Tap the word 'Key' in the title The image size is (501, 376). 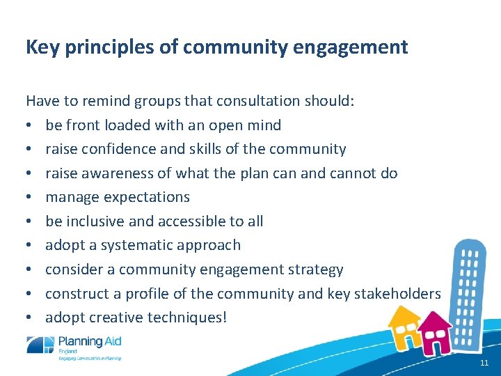41,47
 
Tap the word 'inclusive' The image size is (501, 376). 95,221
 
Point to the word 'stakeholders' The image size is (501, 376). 397,294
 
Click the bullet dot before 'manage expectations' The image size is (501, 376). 30,198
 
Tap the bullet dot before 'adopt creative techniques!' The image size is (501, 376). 30,318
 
